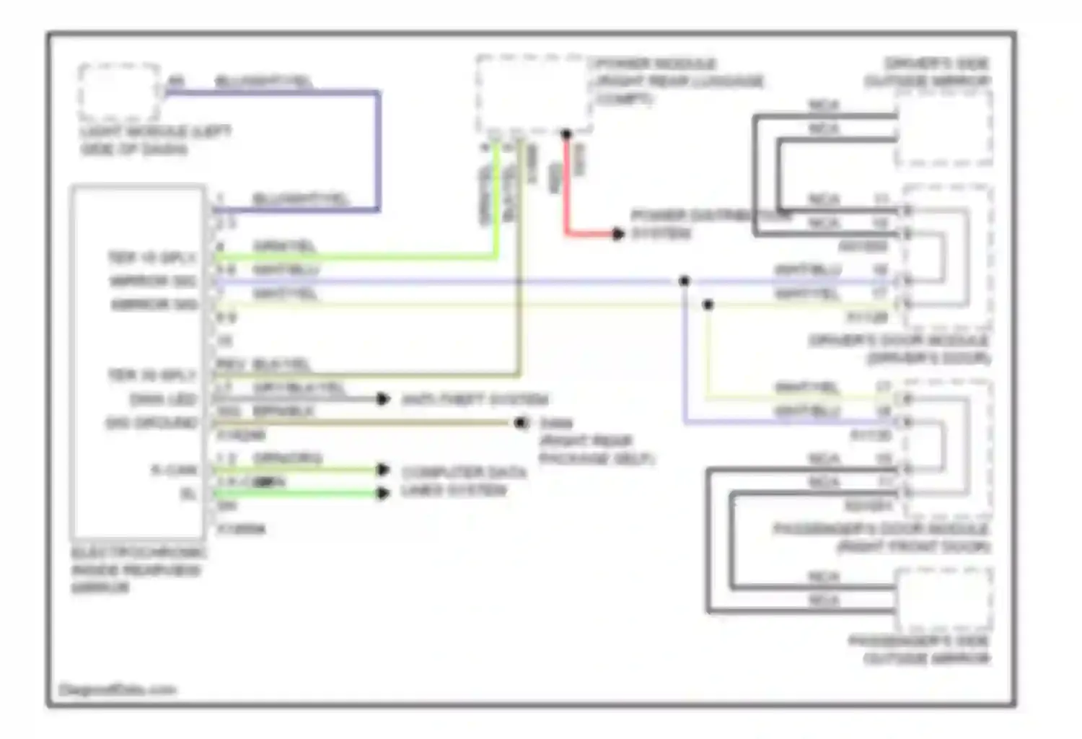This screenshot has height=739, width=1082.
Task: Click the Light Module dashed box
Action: coord(119,92)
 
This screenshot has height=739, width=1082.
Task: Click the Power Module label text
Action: coord(677,81)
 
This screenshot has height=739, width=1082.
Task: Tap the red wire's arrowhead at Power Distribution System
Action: coord(617,234)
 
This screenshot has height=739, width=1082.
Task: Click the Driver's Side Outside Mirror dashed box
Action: coord(944,128)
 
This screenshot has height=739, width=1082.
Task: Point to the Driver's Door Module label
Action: coord(899,349)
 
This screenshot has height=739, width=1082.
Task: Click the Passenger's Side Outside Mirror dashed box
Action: coord(944,599)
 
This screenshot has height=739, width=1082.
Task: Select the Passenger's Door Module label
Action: coord(881,538)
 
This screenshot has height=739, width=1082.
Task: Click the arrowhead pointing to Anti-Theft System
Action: coord(384,399)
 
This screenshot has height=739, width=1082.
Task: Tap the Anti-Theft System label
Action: coord(475,399)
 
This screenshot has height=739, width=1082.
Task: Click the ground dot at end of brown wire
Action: coord(522,423)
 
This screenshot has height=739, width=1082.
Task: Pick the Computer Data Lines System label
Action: coord(463,481)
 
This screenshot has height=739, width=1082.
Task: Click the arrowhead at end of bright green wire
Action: coord(384,494)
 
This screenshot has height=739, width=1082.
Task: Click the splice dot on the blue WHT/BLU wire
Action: coord(684,281)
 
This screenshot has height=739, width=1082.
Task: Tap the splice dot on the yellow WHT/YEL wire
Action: coord(708,305)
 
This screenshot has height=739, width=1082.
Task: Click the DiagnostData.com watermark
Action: coord(117,689)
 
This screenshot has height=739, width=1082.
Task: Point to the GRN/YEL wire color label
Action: coord(284,246)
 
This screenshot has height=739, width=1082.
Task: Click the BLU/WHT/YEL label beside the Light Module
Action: coord(264,82)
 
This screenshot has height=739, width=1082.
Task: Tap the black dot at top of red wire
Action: coord(566,134)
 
